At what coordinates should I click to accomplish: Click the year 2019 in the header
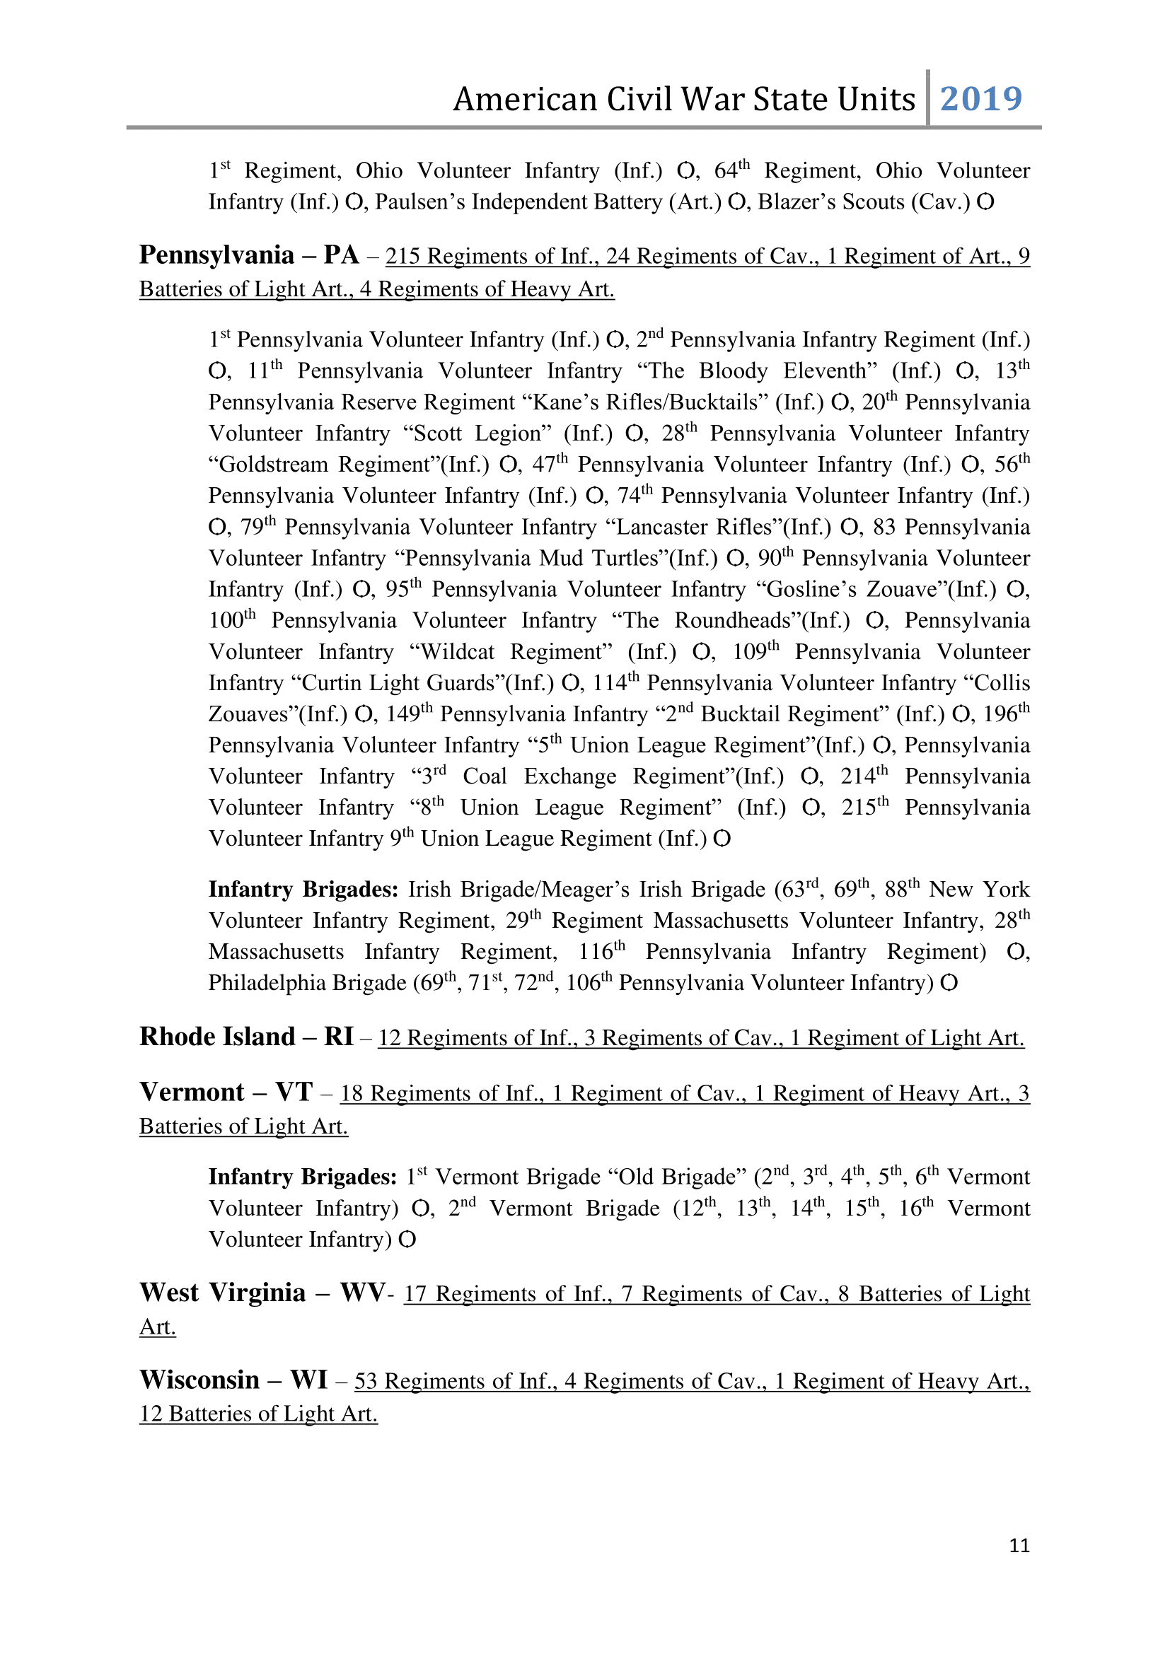pyautogui.click(x=980, y=99)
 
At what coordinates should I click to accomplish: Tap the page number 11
pyautogui.click(x=1019, y=1545)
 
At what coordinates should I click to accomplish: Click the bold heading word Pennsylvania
pyautogui.click(x=217, y=255)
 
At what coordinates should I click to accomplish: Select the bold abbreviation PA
pyautogui.click(x=341, y=255)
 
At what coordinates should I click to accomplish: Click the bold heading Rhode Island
pyautogui.click(x=218, y=1037)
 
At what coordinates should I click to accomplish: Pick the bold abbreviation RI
pyautogui.click(x=339, y=1037)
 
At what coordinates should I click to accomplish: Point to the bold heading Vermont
pyautogui.click(x=192, y=1092)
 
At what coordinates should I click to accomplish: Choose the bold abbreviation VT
pyautogui.click(x=294, y=1092)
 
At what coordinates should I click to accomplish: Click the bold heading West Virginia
pyautogui.click(x=224, y=1293)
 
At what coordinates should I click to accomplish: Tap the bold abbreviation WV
pyautogui.click(x=362, y=1293)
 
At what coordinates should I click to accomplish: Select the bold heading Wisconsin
pyautogui.click(x=199, y=1380)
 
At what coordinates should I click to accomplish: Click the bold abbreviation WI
pyautogui.click(x=309, y=1380)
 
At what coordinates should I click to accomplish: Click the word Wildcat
pyautogui.click(x=456, y=652)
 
